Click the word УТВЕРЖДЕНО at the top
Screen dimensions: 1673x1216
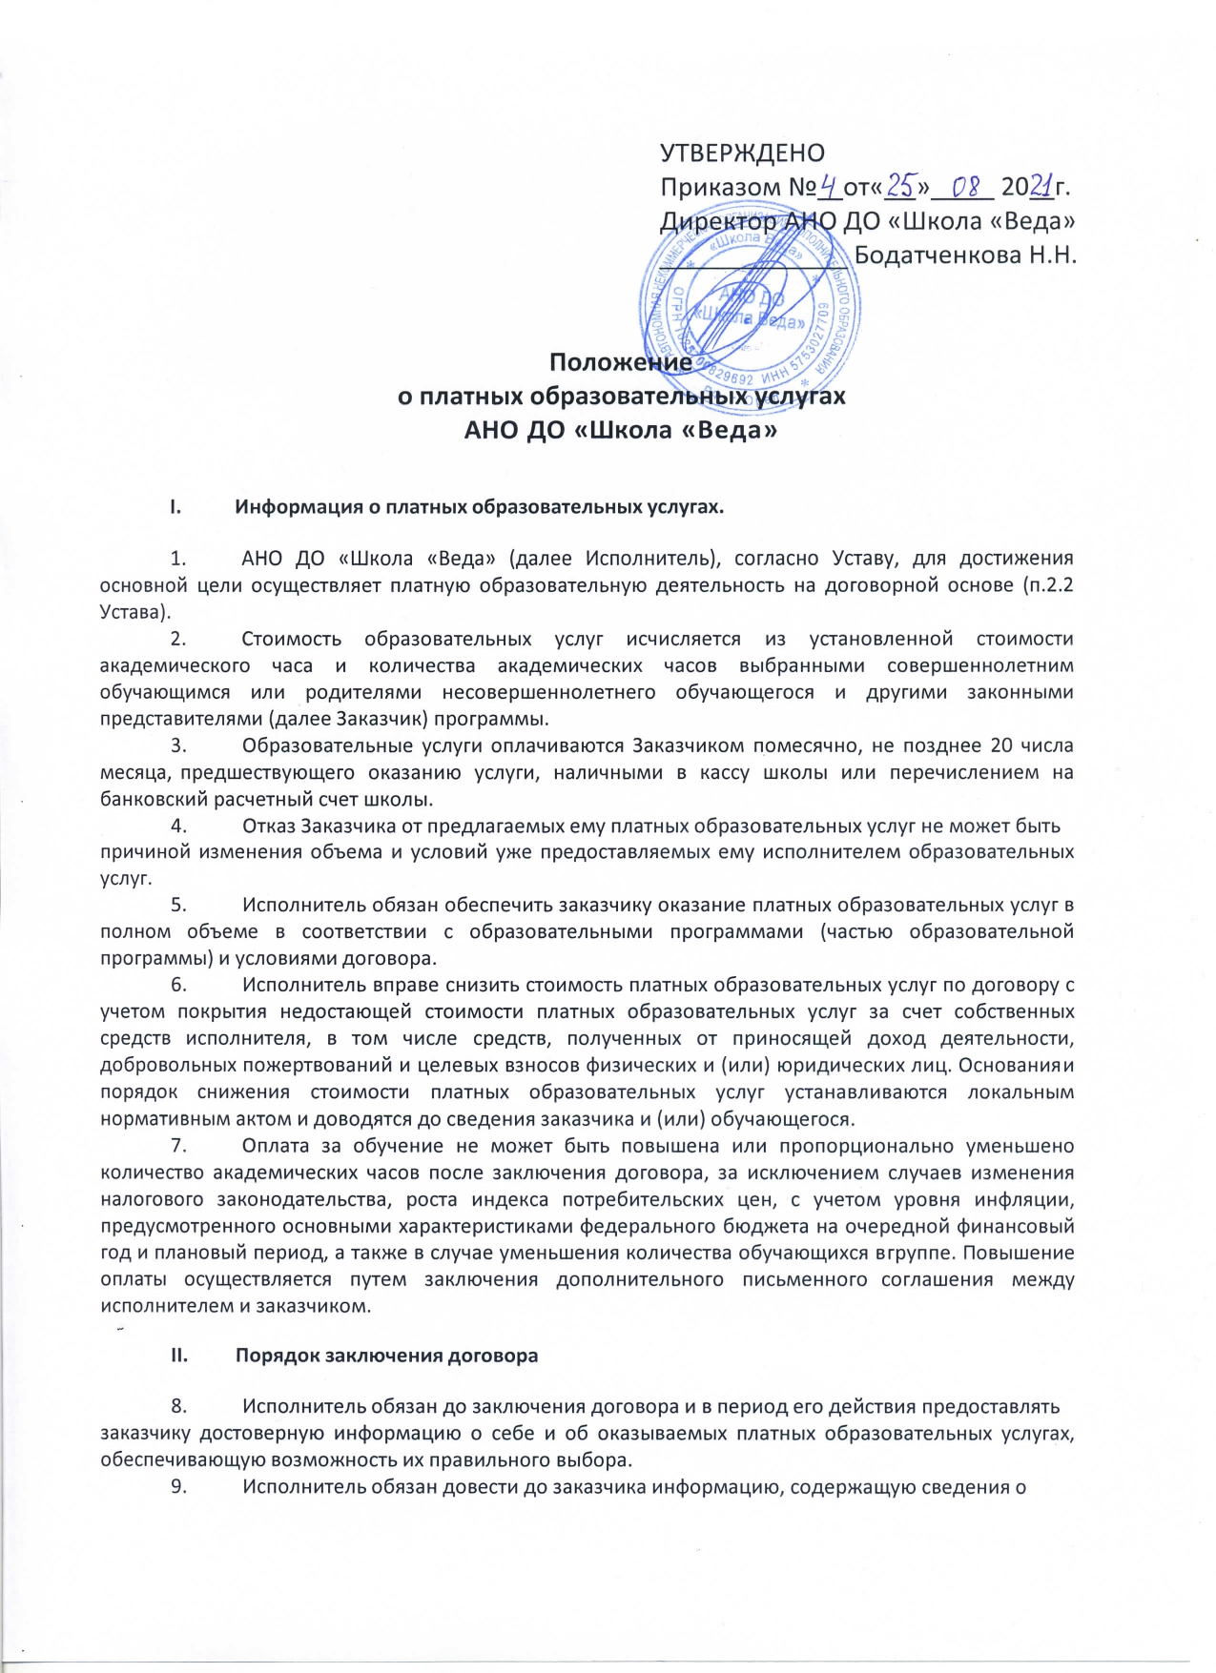click(x=743, y=153)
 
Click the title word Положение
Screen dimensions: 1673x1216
click(x=621, y=363)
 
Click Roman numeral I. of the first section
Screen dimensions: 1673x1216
click(x=175, y=507)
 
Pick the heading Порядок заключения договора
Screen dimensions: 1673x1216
click(x=387, y=1356)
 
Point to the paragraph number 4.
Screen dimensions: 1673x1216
click(x=178, y=826)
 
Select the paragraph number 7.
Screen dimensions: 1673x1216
click(x=178, y=1146)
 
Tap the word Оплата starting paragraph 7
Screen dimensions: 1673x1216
click(x=277, y=1146)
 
